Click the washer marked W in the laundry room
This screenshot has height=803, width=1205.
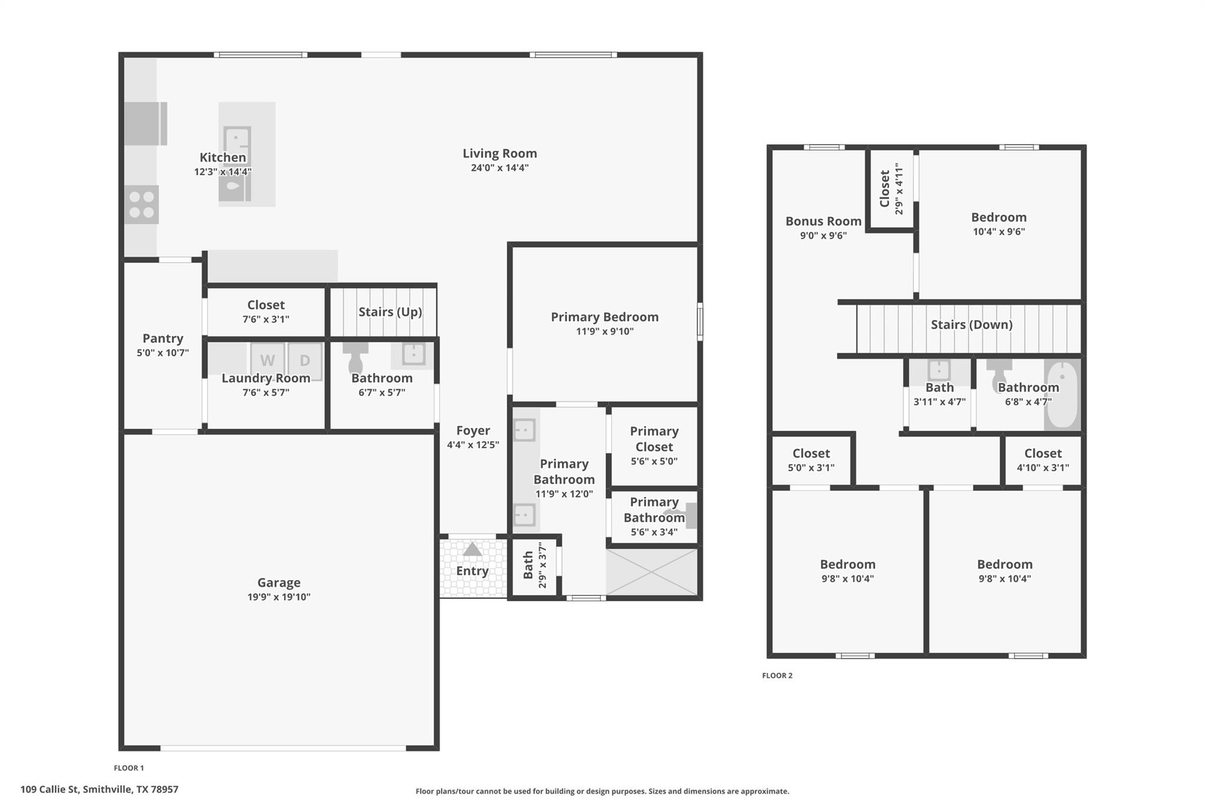tap(267, 360)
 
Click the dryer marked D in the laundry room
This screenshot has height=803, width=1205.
tap(305, 360)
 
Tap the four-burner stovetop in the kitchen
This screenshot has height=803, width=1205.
tap(142, 205)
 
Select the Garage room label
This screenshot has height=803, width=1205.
tap(279, 582)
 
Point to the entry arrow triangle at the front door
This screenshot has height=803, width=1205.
tap(472, 549)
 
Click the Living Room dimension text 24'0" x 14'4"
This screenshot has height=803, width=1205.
tap(500, 168)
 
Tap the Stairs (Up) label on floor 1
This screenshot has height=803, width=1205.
tap(390, 312)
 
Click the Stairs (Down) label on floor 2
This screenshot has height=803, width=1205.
tap(971, 325)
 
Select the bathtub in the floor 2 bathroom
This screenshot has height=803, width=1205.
tap(1062, 395)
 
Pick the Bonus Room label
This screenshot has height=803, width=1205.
tap(823, 221)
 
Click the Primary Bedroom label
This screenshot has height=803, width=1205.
tap(604, 317)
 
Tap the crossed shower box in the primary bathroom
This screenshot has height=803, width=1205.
tap(652, 572)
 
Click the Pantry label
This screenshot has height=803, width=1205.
tap(163, 338)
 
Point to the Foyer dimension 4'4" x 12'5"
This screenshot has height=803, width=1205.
tap(473, 445)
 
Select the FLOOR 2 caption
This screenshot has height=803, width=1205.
tap(777, 675)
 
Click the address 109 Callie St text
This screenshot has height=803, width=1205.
tap(99, 789)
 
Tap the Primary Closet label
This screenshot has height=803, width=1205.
tap(654, 439)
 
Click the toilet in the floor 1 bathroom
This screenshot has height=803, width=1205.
tap(355, 356)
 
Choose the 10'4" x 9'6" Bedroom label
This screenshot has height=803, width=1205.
tap(998, 218)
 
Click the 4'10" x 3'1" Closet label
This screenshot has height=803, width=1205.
tap(1043, 454)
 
